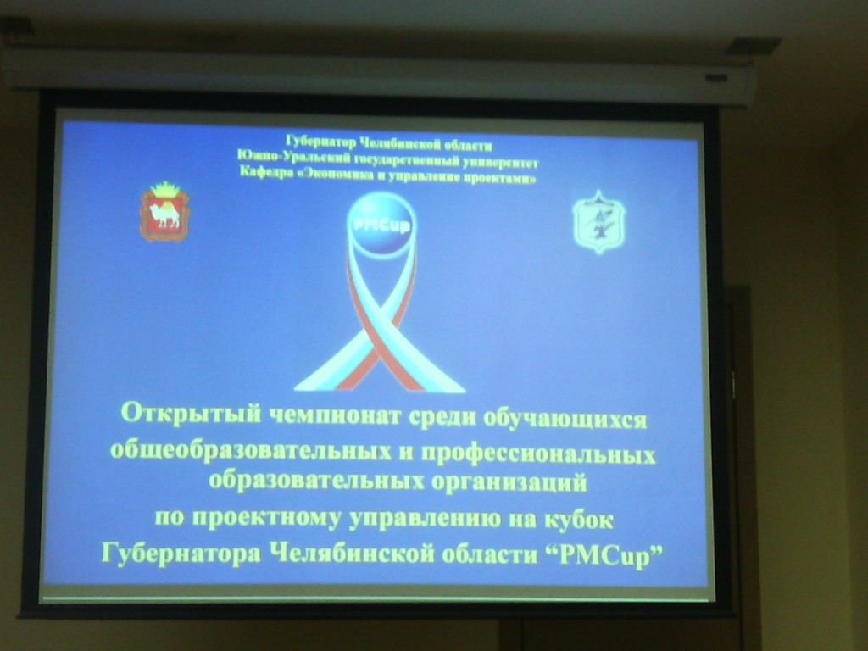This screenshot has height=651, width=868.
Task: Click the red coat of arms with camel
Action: tap(164, 212)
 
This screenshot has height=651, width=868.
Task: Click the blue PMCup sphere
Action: tap(381, 222)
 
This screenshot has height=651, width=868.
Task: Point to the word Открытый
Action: tap(191, 414)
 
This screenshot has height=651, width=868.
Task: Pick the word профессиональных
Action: tap(538, 454)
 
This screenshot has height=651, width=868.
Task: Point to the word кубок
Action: tap(579, 520)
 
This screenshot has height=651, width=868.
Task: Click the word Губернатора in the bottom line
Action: tap(181, 553)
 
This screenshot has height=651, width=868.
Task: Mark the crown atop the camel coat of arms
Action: tap(164, 189)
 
